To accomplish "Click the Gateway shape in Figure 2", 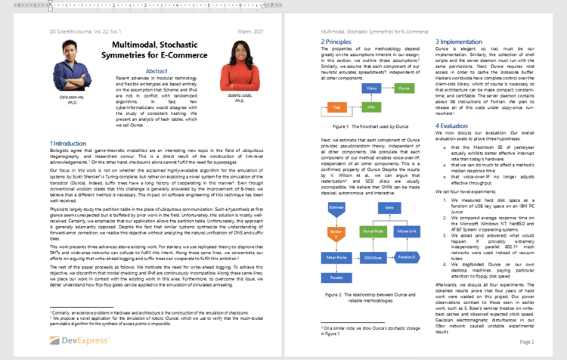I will (x=336, y=206).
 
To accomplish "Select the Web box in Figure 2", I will (x=389, y=206).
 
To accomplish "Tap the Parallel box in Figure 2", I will (x=336, y=277).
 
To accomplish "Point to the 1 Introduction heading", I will (x=68, y=143).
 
